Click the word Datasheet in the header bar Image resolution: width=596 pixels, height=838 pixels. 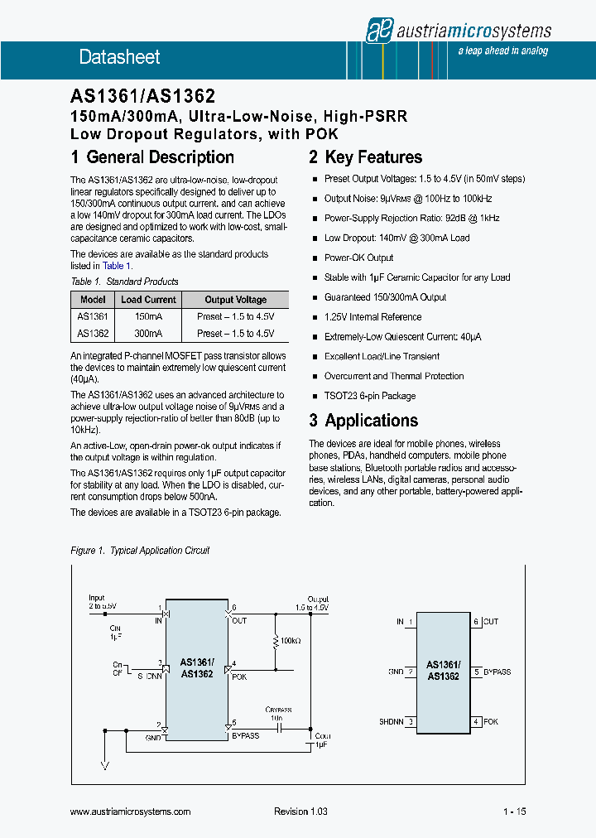119,57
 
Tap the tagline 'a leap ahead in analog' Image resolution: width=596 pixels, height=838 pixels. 502,51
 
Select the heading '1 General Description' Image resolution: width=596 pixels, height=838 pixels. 152,157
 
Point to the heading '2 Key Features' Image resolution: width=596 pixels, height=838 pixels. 365,157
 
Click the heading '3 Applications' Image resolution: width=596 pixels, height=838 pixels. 363,421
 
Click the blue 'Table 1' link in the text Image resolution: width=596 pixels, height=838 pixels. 113,266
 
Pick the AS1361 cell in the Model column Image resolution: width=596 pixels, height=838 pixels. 93,316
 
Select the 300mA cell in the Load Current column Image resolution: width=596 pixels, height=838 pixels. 148,333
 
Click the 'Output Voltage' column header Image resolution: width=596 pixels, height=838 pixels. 236,300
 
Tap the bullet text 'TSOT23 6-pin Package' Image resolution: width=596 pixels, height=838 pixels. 370,396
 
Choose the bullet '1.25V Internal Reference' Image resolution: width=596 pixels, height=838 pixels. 372,317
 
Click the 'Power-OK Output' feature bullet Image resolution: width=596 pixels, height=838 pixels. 358,258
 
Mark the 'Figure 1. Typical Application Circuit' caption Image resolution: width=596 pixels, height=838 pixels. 140,551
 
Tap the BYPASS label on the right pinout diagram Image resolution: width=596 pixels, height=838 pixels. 497,672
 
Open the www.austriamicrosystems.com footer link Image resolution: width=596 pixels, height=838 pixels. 131,812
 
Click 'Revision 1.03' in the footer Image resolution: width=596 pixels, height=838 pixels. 300,812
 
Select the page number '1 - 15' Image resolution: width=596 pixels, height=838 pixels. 514,812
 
